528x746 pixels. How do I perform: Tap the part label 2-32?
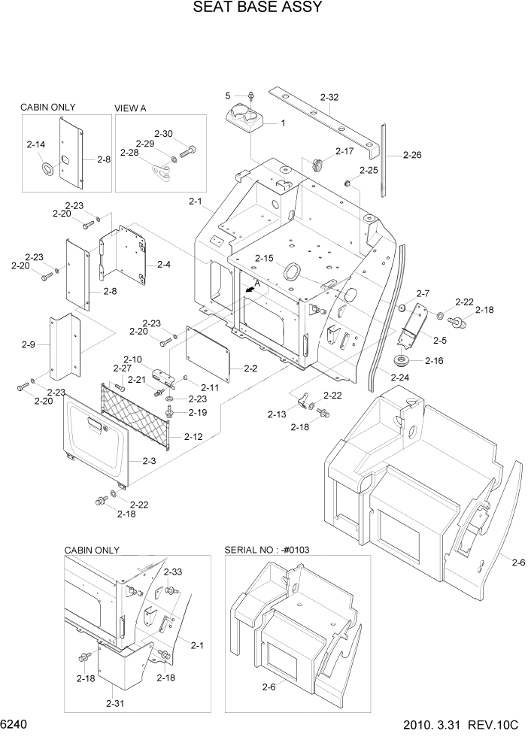329,97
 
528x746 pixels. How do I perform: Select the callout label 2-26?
412,156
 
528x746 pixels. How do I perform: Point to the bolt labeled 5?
251,96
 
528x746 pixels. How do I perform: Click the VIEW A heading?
130,108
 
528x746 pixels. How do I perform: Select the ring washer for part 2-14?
47,168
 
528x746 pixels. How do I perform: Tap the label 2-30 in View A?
164,134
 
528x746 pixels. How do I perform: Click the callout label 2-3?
147,460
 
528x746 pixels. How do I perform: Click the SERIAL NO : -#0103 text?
267,550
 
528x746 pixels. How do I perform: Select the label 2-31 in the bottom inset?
115,703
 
